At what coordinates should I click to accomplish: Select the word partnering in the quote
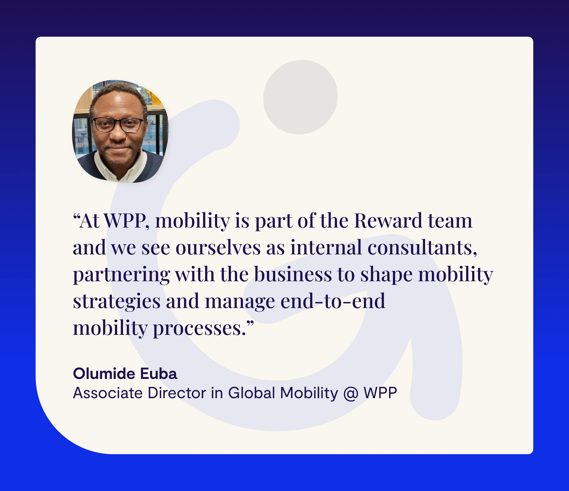[121, 275]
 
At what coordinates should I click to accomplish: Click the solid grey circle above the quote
[300, 97]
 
